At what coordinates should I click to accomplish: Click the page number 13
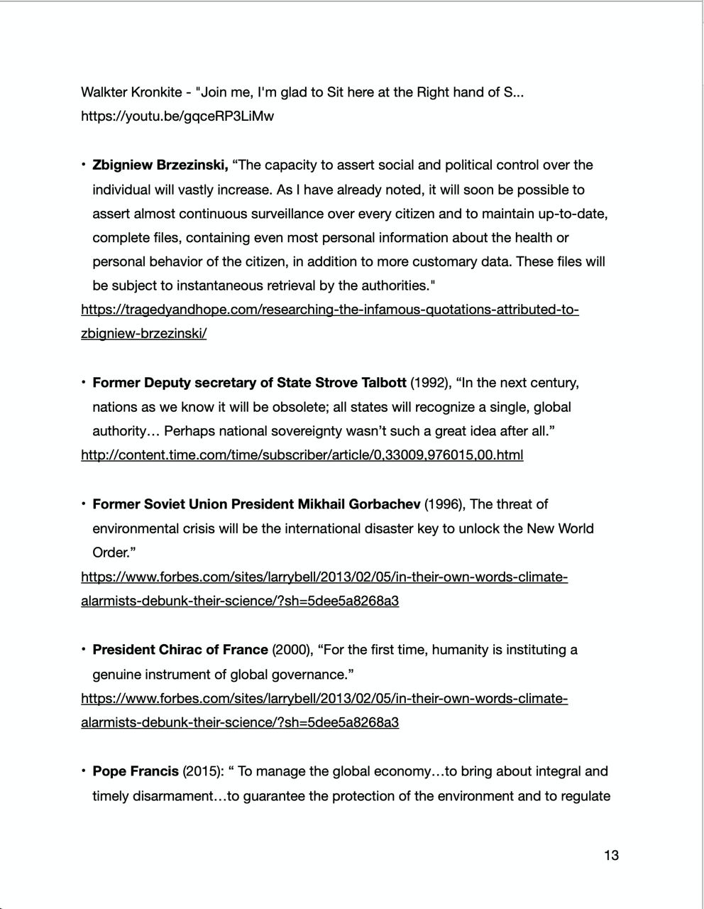[x=611, y=855]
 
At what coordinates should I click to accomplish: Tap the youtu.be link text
[x=177, y=116]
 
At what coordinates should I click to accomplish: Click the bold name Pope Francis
[x=136, y=772]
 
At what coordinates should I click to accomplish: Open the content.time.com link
[x=302, y=455]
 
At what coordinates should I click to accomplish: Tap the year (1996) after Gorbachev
[x=445, y=505]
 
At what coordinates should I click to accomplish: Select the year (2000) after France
[x=292, y=651]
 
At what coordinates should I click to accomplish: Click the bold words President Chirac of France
[x=180, y=651]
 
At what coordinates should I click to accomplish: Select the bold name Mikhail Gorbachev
[x=358, y=505]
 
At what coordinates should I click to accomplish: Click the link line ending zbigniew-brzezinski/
[x=144, y=334]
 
